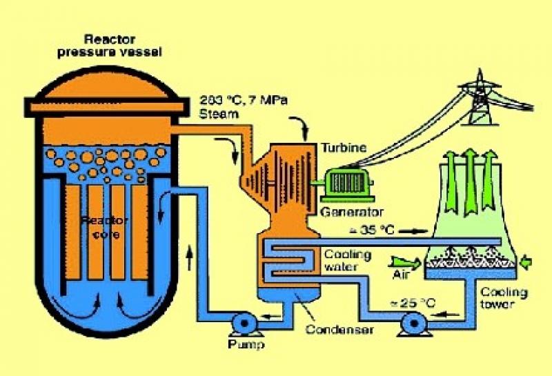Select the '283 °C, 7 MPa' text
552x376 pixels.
pos(239,99)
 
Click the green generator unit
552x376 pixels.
pos(345,184)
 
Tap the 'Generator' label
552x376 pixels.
pos(352,211)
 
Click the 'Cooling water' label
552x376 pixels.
pos(348,260)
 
